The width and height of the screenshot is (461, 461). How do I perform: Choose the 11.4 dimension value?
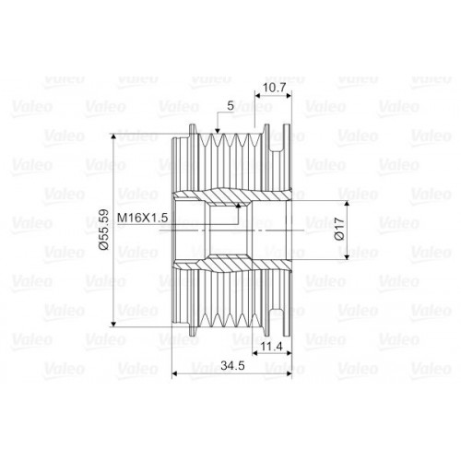[271, 347]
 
